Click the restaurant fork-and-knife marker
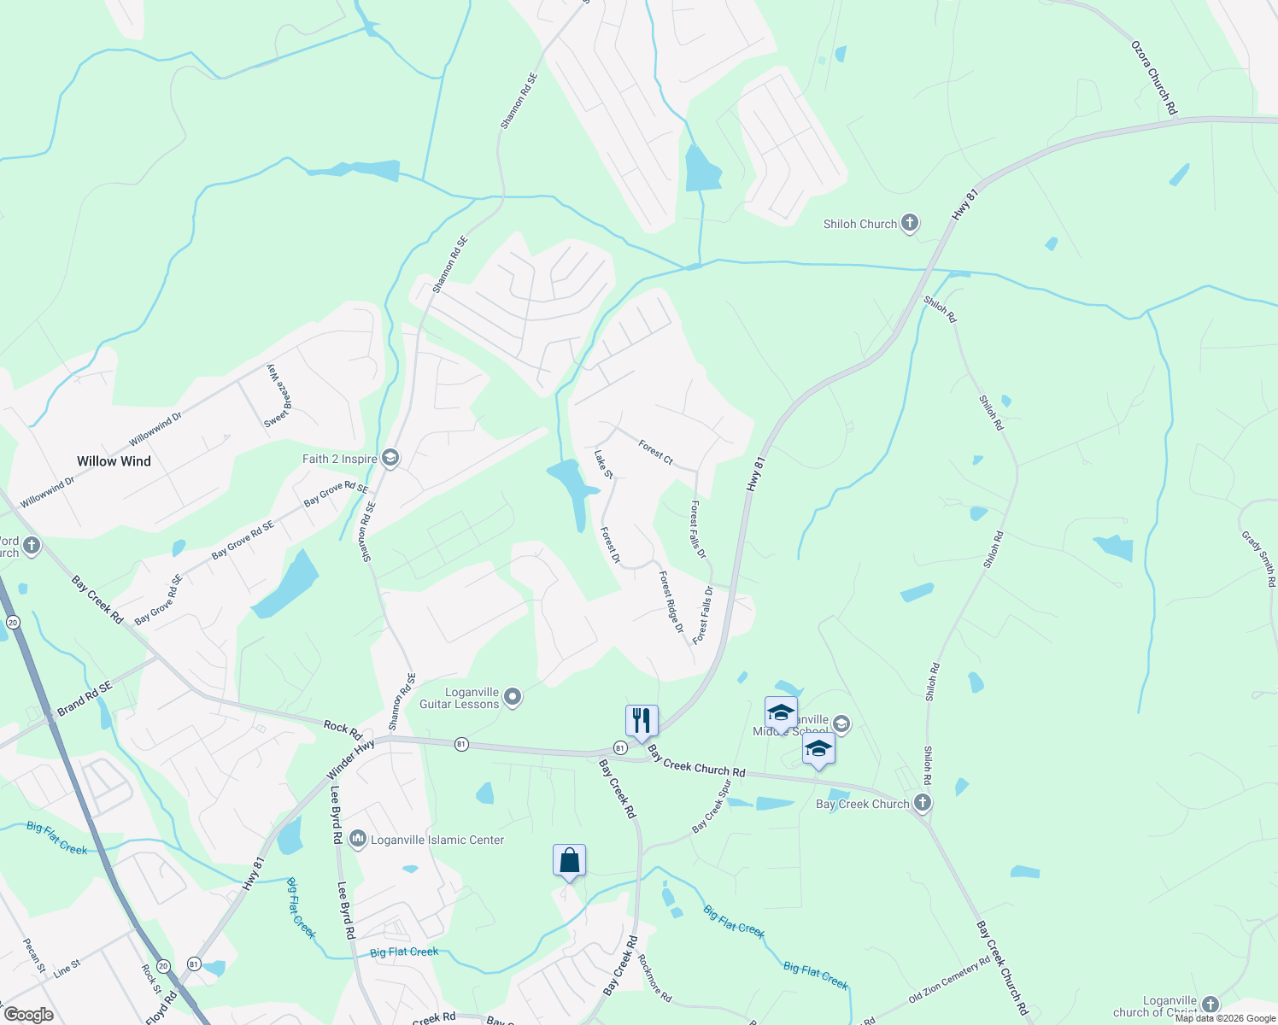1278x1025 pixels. tap(642, 720)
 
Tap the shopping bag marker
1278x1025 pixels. tap(569, 861)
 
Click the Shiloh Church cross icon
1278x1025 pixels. tap(910, 224)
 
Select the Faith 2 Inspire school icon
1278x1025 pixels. tap(390, 459)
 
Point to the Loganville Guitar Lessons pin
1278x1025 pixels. tap(513, 698)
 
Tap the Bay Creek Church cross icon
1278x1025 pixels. tap(922, 803)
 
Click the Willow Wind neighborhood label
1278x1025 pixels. tap(114, 461)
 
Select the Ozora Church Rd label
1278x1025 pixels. tap(1154, 78)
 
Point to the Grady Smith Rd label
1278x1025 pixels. tap(1258, 559)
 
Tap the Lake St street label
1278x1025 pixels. tap(603, 464)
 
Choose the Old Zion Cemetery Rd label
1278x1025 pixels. tap(949, 979)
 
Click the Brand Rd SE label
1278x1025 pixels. tap(85, 699)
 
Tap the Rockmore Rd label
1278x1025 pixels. tap(655, 978)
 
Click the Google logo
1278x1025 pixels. tap(28, 1015)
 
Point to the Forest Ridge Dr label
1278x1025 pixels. tap(671, 602)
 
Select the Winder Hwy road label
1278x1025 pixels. tap(351, 759)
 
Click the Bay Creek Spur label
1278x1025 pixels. tap(712, 805)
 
